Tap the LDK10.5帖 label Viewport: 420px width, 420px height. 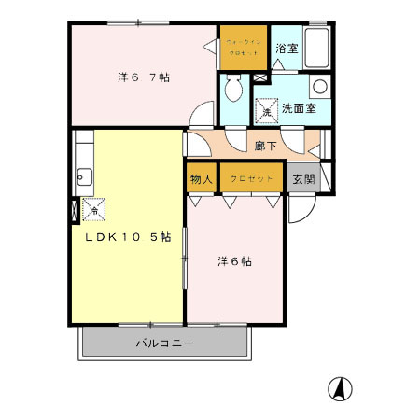pyautogui.click(x=128, y=237)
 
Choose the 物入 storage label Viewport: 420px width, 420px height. pyautogui.click(x=202, y=178)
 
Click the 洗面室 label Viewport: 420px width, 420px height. pyautogui.click(x=299, y=109)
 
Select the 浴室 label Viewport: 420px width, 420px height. pyautogui.click(x=287, y=49)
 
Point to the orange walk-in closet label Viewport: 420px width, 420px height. pyautogui.click(x=245, y=47)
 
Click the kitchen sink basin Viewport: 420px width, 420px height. pyautogui.click(x=84, y=175)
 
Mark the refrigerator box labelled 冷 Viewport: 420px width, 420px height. pyautogui.click(x=93, y=211)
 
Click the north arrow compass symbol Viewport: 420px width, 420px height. pyautogui.click(x=342, y=388)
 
